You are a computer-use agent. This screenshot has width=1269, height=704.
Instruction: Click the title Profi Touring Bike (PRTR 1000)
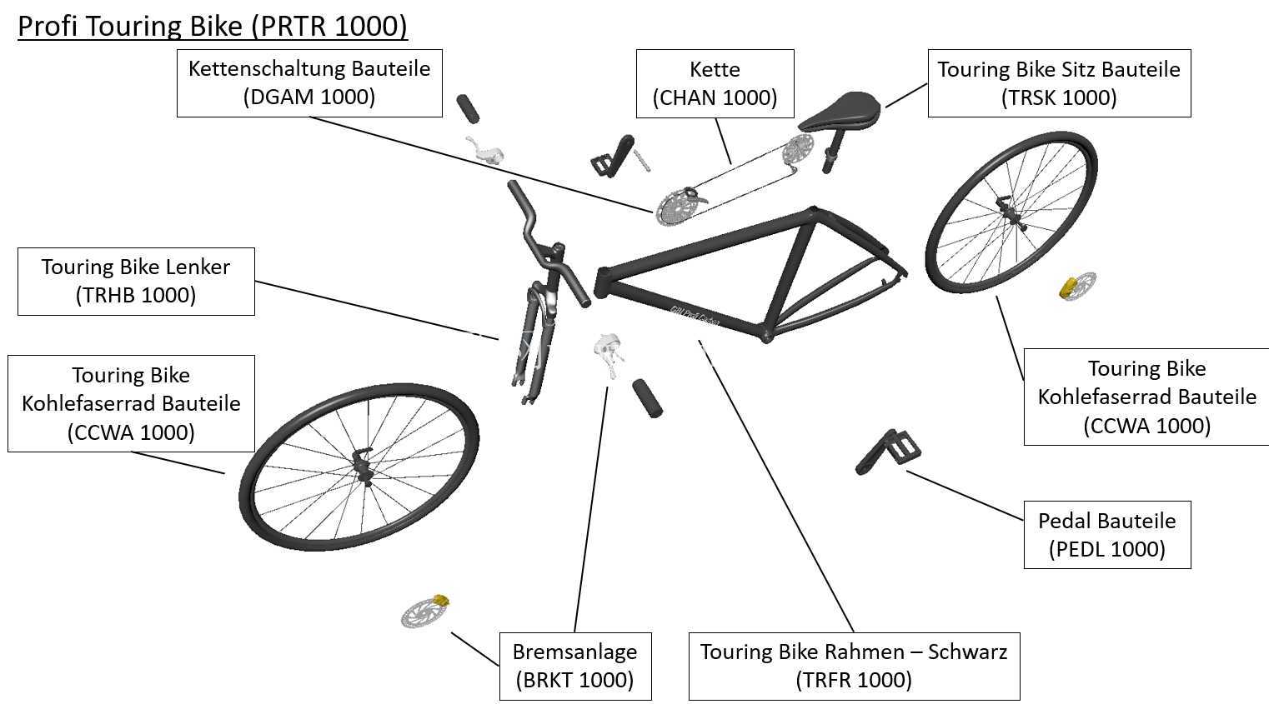click(213, 26)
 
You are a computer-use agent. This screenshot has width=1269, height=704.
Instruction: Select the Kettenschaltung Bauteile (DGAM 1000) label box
click(309, 83)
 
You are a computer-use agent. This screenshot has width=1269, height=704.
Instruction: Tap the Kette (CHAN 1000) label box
click(715, 84)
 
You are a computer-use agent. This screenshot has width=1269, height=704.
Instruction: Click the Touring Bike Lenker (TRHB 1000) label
click(136, 282)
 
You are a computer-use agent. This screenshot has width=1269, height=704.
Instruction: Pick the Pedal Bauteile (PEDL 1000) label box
click(1107, 535)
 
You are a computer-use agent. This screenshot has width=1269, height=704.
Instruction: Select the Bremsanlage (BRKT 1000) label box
click(575, 666)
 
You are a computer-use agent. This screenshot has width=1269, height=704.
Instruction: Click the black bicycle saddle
click(840, 111)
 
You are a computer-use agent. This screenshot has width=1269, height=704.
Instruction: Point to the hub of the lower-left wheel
click(361, 467)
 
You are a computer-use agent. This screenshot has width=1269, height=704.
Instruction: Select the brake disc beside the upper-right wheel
click(1077, 287)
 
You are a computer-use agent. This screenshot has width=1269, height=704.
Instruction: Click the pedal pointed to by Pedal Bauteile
click(888, 452)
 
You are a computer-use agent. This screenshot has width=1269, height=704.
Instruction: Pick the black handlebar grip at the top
click(468, 108)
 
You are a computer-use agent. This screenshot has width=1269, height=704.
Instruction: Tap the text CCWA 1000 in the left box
click(131, 432)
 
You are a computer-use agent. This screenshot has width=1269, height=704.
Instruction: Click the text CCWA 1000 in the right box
click(1146, 426)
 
